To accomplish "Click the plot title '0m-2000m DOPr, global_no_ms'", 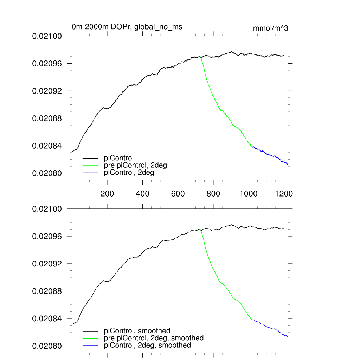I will pyautogui.click(x=127, y=26).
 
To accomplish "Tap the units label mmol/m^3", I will pyautogui.click(x=270, y=28).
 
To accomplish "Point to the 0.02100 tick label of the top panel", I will pyautogui.click(x=47, y=36).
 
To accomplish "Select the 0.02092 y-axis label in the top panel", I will pyautogui.click(x=47, y=91).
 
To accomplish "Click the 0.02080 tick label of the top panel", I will pyautogui.click(x=47, y=173).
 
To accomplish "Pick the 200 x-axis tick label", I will pyautogui.click(x=107, y=193).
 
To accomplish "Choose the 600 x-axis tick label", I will pyautogui.click(x=178, y=193).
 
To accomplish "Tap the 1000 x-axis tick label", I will pyautogui.click(x=249, y=193).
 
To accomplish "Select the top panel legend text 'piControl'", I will pyautogui.click(x=119, y=158).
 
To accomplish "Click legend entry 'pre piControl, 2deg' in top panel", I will pyautogui.click(x=135, y=165).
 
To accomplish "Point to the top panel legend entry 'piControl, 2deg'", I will pyautogui.click(x=129, y=173).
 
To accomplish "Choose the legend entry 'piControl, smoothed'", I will pyautogui.click(x=137, y=330).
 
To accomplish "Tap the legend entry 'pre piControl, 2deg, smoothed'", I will pyautogui.click(x=154, y=338).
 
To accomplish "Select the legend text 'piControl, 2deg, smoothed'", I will pyautogui.click(x=148, y=345).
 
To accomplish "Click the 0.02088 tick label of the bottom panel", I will pyautogui.click(x=47, y=291).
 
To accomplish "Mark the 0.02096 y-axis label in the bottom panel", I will pyautogui.click(x=47, y=236).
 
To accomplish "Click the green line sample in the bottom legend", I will pyautogui.click(x=91, y=338).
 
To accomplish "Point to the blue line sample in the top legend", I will pyautogui.click(x=91, y=173).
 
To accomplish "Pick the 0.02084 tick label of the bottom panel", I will pyautogui.click(x=47, y=319).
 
